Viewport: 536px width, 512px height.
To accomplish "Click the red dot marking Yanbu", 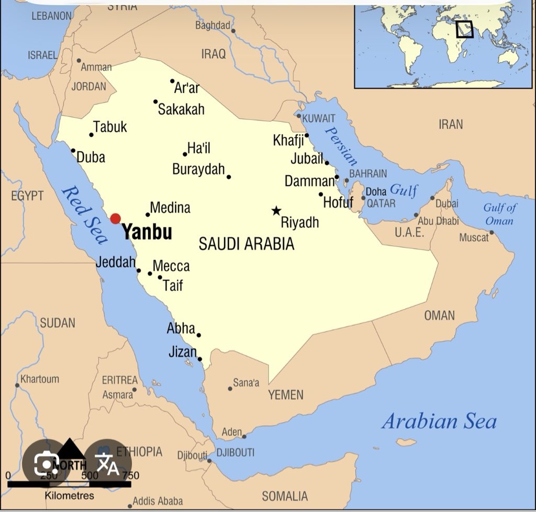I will tap(115, 219).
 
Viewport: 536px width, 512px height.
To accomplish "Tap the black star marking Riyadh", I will tap(276, 211).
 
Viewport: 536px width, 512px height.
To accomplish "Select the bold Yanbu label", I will tap(147, 232).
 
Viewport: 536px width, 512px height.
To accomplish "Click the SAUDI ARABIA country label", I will tap(247, 244).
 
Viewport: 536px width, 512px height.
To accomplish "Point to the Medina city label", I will tap(170, 208).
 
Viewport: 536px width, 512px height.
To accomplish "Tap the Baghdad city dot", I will tap(233, 31).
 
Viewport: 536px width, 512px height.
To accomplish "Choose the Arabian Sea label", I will tap(439, 421).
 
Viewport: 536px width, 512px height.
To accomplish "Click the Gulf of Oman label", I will tap(499, 214).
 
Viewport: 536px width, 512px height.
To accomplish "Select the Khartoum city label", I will tap(40, 379).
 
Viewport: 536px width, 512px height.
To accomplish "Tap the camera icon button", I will tap(46, 463).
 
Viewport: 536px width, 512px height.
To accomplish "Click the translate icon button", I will tap(107, 463).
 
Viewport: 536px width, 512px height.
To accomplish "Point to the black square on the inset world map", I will tap(464, 29).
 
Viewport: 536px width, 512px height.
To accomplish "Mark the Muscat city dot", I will tap(492, 232).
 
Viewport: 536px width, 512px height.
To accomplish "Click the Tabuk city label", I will tap(110, 127).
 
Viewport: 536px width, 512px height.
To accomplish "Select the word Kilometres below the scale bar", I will tap(70, 495).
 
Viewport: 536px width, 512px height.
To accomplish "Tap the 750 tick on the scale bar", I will tap(130, 475).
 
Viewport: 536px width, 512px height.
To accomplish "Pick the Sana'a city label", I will tap(246, 383).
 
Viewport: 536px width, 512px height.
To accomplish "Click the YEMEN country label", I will tap(286, 395).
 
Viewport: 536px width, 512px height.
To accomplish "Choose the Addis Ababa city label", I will tap(158, 501).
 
